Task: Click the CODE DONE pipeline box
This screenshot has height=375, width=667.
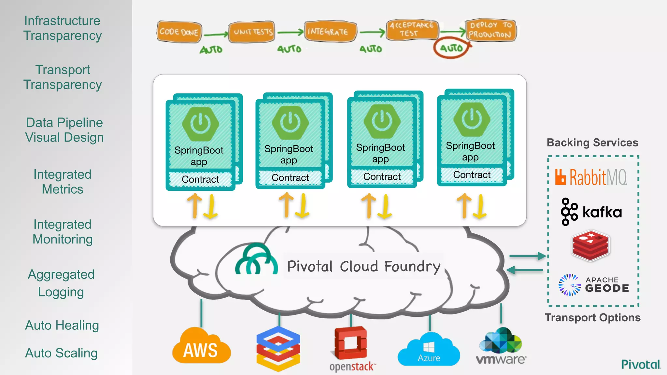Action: pyautogui.click(x=179, y=32)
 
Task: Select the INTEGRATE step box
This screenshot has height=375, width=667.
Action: pyautogui.click(x=330, y=31)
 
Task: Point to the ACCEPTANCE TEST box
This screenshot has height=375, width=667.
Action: pyautogui.click(x=412, y=29)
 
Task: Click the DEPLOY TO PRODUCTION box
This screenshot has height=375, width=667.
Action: pyautogui.click(x=490, y=30)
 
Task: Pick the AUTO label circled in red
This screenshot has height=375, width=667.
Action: pyautogui.click(x=451, y=48)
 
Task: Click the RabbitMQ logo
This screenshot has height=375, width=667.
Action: pyautogui.click(x=591, y=177)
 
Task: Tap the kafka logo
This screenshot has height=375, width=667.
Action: pyautogui.click(x=591, y=212)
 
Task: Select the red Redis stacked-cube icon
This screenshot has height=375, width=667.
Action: pyautogui.click(x=590, y=246)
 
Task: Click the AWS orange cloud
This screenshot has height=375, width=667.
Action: pyautogui.click(x=201, y=347)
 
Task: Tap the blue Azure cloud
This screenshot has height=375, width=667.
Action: pyautogui.click(x=429, y=350)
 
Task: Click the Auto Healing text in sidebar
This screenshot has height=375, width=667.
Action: pyautogui.click(x=62, y=325)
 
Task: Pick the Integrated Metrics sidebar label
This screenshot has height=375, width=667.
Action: pyautogui.click(x=63, y=182)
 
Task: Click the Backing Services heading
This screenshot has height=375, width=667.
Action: pyautogui.click(x=592, y=143)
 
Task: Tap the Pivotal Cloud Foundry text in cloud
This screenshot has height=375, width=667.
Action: pyautogui.click(x=363, y=266)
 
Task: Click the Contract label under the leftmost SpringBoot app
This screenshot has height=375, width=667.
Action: pyautogui.click(x=200, y=179)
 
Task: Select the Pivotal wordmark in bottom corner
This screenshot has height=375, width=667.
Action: pyautogui.click(x=641, y=364)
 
